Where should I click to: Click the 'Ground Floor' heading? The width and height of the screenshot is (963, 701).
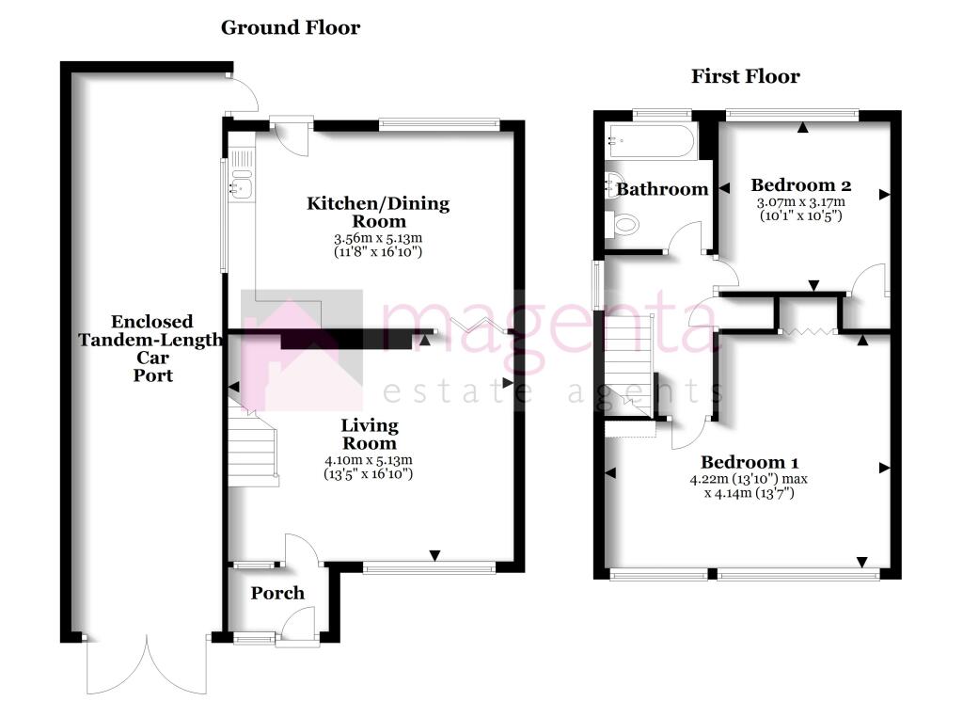(290, 27)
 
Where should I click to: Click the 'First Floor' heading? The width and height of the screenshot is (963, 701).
(745, 76)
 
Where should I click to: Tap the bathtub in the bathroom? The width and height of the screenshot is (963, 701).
(652, 143)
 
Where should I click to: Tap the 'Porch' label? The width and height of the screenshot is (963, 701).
(277, 593)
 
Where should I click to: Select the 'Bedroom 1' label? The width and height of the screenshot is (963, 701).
(750, 462)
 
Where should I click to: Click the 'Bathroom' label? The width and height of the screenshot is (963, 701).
(662, 189)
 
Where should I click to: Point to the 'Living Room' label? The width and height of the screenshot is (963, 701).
(369, 434)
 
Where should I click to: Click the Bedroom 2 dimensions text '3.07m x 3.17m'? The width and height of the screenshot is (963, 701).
(799, 201)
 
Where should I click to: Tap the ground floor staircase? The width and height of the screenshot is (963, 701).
(253, 450)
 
